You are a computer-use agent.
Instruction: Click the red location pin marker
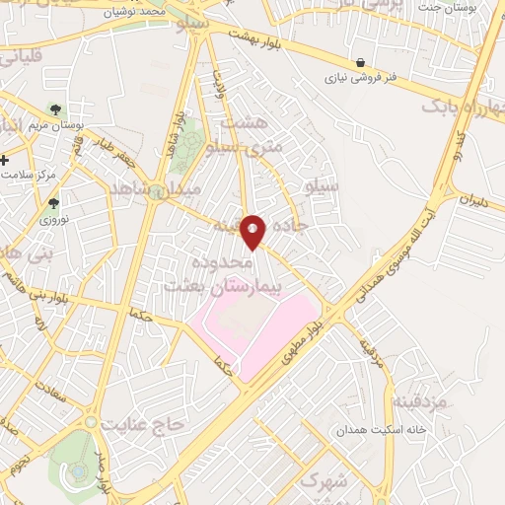click(254, 231)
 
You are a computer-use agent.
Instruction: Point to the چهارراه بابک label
click(463, 106)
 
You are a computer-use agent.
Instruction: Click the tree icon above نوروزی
click(53, 203)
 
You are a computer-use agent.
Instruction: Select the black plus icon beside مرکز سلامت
click(5, 160)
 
